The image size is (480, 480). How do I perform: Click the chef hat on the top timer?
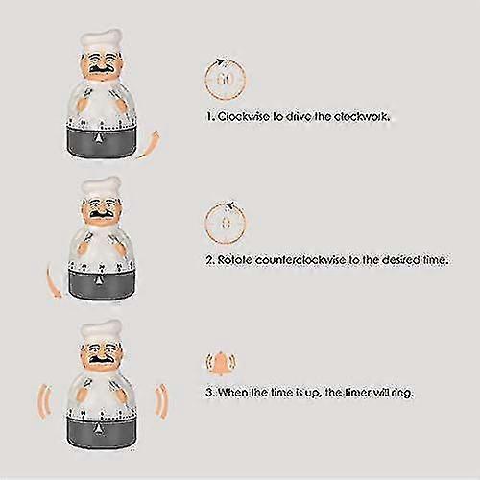pyautogui.click(x=101, y=41)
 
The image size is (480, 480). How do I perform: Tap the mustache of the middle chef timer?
pyautogui.click(x=101, y=214)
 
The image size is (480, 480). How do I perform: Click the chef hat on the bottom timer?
pyautogui.click(x=101, y=332)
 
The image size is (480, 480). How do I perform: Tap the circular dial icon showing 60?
pyautogui.click(x=225, y=79)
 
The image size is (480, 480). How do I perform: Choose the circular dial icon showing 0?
pyautogui.click(x=226, y=223)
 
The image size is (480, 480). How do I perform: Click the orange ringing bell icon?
pyautogui.click(x=221, y=362)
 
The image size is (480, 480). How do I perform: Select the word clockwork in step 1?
pyautogui.click(x=362, y=116)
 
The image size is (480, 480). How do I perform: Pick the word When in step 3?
pyautogui.click(x=232, y=392)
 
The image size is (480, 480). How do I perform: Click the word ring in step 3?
pyautogui.click(x=402, y=393)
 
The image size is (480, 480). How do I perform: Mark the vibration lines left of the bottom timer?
pyautogui.click(x=45, y=401)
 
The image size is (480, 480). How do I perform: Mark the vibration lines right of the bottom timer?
pyautogui.click(x=161, y=401)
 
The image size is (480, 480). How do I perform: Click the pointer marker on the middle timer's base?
pyautogui.click(x=98, y=280)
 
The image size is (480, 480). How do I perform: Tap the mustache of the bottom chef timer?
pyautogui.click(x=101, y=359)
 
